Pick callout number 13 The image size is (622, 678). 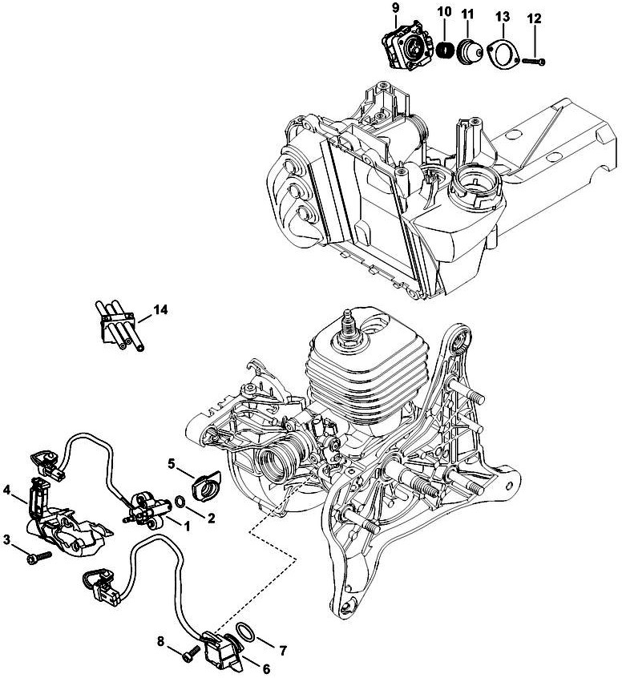[x=502, y=15]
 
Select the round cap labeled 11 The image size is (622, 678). [x=467, y=50]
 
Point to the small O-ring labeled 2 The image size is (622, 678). [x=182, y=503]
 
